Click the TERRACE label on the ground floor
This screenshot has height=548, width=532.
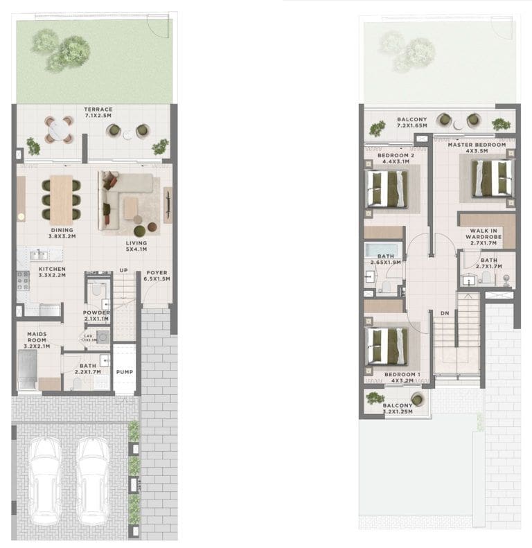(98, 109)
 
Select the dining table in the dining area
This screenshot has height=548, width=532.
(61, 199)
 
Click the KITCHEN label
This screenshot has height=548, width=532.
(52, 269)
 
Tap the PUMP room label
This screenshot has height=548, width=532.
(125, 372)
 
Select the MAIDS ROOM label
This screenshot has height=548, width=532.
(37, 337)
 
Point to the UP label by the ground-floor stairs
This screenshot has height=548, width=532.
(123, 270)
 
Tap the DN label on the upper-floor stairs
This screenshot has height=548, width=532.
(445, 312)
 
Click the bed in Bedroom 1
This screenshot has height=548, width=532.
(387, 345)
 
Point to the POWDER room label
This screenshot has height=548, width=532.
(96, 313)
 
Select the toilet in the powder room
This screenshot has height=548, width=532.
(97, 288)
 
